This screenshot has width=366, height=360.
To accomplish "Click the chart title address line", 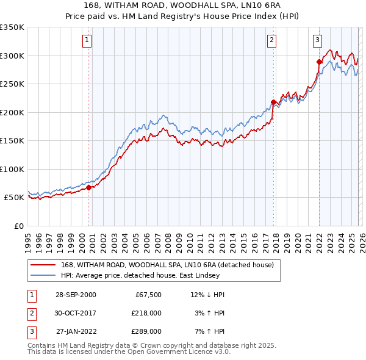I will click(x=183, y=5).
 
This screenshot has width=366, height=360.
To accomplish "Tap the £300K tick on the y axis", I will click(x=12, y=56).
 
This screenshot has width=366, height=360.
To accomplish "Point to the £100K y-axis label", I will click(x=12, y=169).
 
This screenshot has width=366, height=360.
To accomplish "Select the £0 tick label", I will click(x=18, y=226).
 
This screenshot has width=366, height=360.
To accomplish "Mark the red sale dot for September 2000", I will click(x=89, y=187).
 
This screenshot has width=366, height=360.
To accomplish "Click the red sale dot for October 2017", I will click(x=273, y=102).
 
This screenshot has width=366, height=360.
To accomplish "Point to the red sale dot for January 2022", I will click(x=319, y=62).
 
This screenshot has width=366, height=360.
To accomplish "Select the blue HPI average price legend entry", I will click(x=152, y=276).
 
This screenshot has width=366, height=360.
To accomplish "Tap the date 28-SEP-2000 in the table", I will click(x=76, y=295).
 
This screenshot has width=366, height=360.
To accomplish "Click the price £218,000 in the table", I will click(x=146, y=313).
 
